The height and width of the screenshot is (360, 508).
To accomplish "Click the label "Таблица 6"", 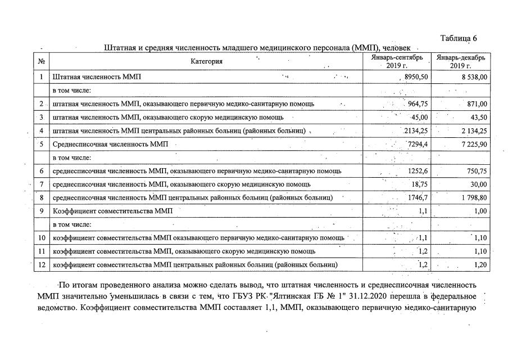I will pos(459,38).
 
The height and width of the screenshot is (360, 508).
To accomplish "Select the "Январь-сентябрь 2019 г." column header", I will pos(397,61).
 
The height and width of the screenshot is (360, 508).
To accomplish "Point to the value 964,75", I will pos(416,103).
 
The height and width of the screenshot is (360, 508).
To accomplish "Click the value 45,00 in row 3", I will pos(420,117).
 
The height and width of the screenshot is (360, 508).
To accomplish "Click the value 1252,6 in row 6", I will pos(416,171).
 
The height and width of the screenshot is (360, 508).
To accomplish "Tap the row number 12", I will pos(42,264).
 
